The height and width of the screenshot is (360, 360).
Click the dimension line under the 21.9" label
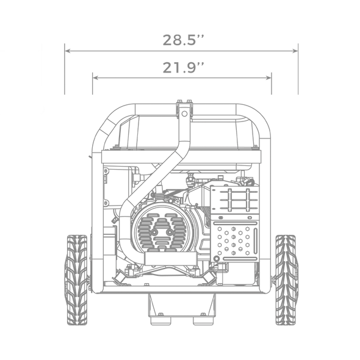[x=182, y=77]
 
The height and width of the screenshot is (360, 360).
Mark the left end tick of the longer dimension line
[x=65, y=68]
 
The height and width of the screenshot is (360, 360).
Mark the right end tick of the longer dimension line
[x=298, y=68]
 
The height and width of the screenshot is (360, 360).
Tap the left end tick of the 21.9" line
[x=92, y=84]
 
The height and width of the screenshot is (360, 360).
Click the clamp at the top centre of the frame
[x=184, y=105]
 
